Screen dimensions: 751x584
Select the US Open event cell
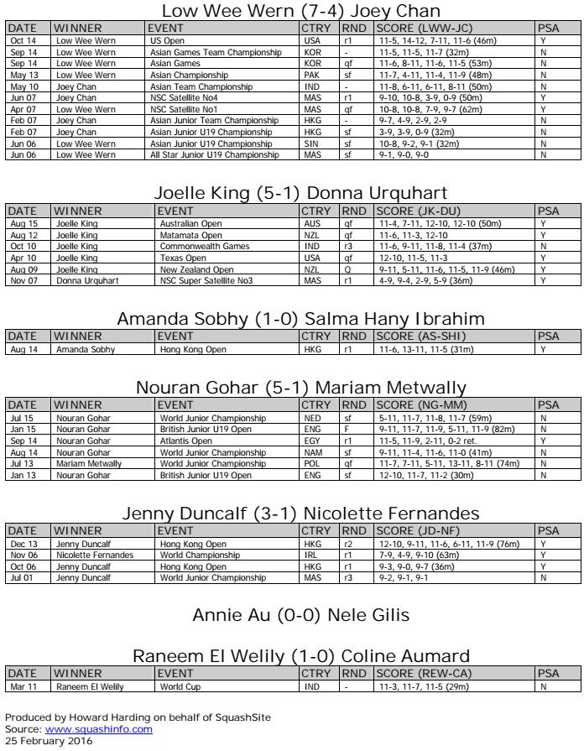click(x=167, y=39)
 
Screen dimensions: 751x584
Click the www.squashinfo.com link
click(x=98, y=729)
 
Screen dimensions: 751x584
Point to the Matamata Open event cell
click(x=190, y=237)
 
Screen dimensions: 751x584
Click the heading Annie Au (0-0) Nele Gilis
click(x=300, y=616)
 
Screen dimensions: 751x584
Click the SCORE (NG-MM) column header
click(x=419, y=405)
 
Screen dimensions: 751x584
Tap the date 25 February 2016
click(x=49, y=740)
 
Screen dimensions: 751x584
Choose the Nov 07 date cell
click(x=23, y=280)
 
